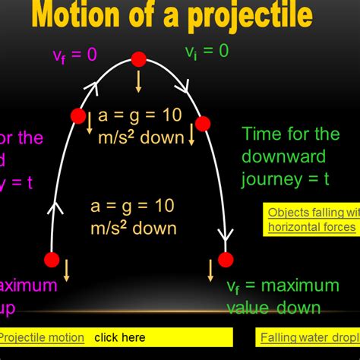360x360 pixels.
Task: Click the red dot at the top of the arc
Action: point(138,59)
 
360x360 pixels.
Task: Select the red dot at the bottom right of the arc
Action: point(226,260)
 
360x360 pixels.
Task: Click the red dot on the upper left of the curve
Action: point(78,116)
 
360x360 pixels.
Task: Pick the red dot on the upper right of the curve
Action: point(203,124)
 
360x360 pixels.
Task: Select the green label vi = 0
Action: point(207,52)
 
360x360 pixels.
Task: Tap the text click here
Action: point(119,336)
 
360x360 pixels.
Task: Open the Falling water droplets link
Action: point(310,336)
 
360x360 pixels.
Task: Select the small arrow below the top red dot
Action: point(138,82)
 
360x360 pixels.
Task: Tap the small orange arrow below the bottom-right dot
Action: point(211,270)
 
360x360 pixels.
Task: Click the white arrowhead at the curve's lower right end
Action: point(226,235)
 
